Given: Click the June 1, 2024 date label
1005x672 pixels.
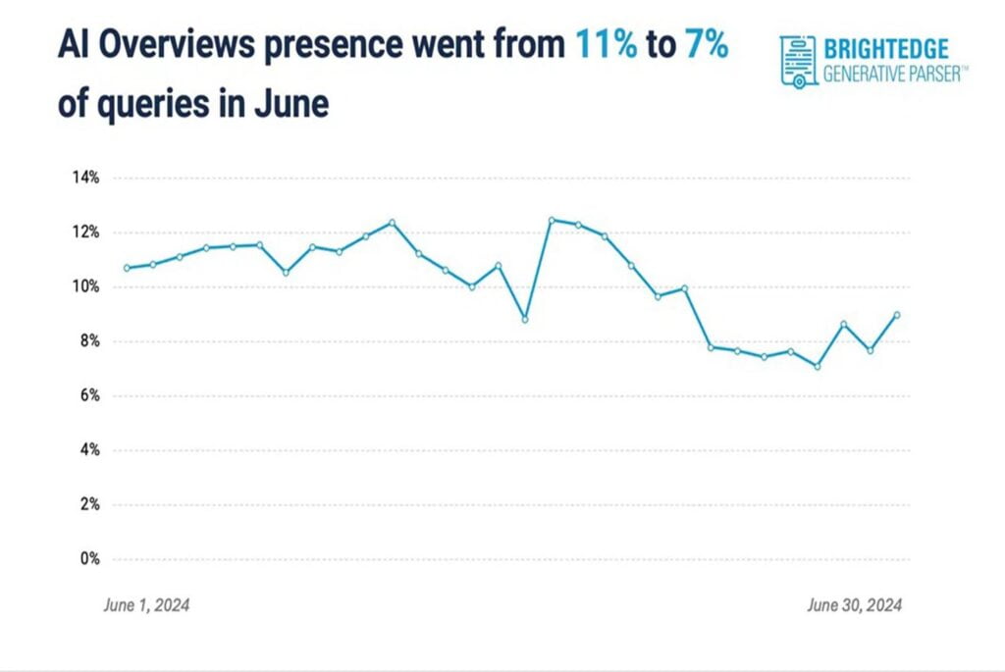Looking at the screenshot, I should tap(146, 605).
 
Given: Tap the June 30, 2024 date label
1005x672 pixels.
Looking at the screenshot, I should tap(854, 605).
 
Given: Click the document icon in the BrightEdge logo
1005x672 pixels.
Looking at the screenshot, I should tap(798, 61).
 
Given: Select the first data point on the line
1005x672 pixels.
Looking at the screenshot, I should tap(127, 268).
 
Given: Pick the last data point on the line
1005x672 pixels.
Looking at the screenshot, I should tap(897, 315).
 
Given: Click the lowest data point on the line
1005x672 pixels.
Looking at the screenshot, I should tap(817, 366).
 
